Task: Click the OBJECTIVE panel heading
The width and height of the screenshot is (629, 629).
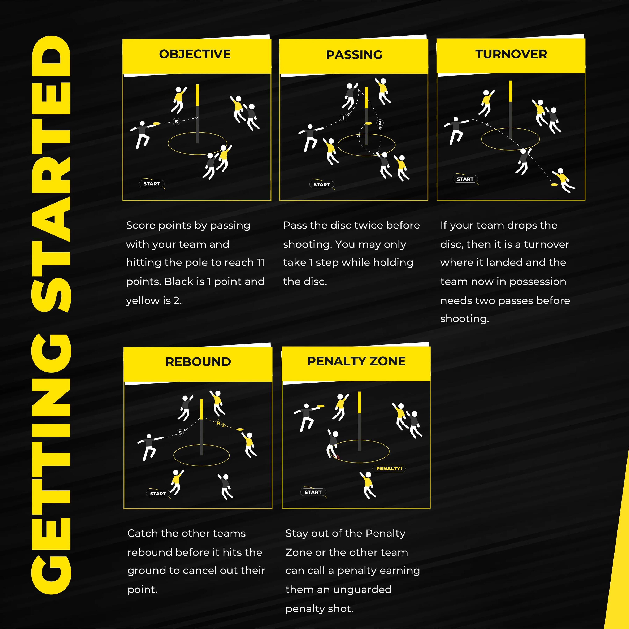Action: pyautogui.click(x=195, y=54)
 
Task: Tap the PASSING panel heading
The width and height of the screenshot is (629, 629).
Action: pyautogui.click(x=354, y=55)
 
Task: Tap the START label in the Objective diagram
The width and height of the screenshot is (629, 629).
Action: pyautogui.click(x=152, y=184)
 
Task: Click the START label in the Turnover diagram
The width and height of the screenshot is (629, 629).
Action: pyautogui.click(x=465, y=179)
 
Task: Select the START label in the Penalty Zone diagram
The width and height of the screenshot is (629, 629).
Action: pyautogui.click(x=313, y=492)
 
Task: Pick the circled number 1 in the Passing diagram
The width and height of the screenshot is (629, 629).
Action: pyautogui.click(x=343, y=118)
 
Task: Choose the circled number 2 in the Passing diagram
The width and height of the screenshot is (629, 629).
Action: pyautogui.click(x=380, y=123)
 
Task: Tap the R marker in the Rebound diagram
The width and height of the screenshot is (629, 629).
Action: pyautogui.click(x=218, y=423)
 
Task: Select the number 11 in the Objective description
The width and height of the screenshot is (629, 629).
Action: pyautogui.click(x=260, y=263)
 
